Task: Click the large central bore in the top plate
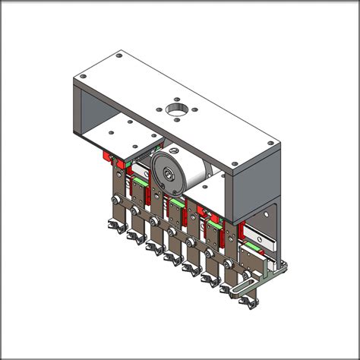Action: [x=175, y=112]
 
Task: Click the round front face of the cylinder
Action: [x=168, y=171]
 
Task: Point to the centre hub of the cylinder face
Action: [x=167, y=172]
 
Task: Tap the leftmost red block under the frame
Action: [x=105, y=156]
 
